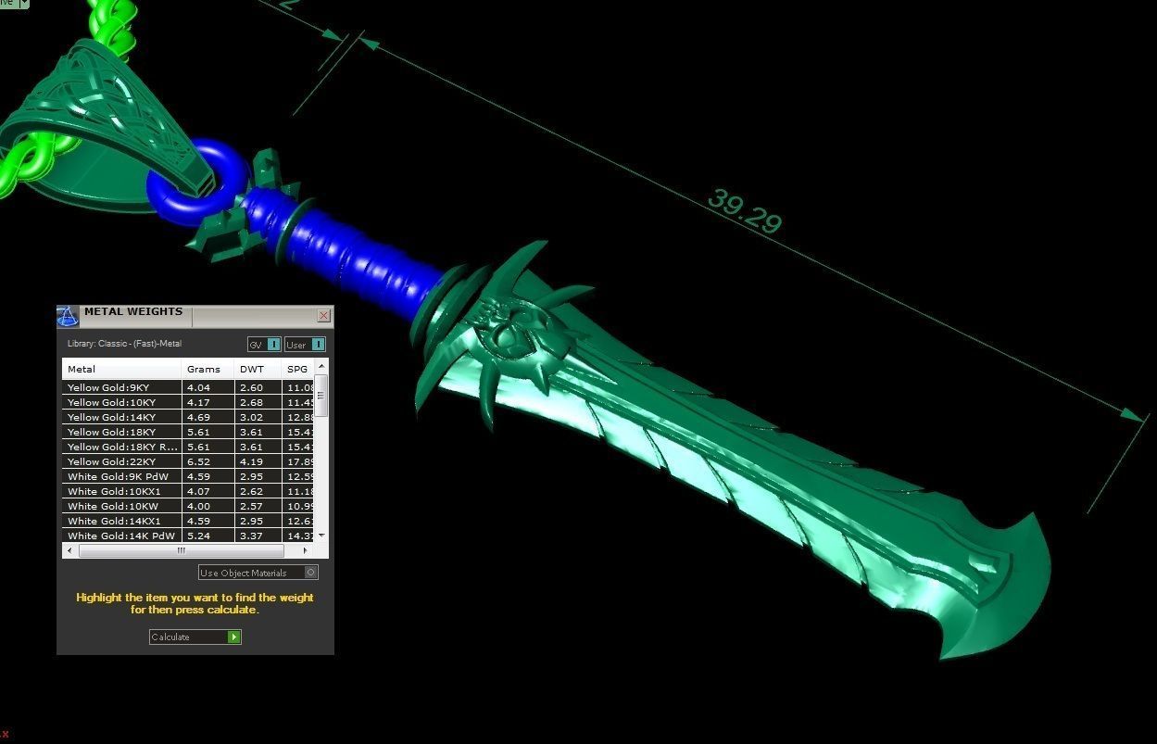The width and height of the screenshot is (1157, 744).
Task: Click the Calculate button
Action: pyautogui.click(x=195, y=637)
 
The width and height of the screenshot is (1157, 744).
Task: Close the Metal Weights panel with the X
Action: pyautogui.click(x=323, y=316)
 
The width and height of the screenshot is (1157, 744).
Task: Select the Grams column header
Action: pyautogui.click(x=204, y=369)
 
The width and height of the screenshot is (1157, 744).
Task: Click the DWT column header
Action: pyautogui.click(x=251, y=369)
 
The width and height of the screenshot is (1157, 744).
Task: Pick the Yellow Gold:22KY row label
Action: pyautogui.click(x=111, y=461)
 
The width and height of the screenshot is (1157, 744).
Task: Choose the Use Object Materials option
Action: pyautogui.click(x=258, y=573)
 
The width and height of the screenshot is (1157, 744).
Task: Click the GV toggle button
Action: pyautogui.click(x=264, y=345)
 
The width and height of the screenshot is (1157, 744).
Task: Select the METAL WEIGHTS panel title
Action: pyautogui.click(x=133, y=312)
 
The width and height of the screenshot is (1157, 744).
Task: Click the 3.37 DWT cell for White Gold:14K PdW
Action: pyautogui.click(x=251, y=536)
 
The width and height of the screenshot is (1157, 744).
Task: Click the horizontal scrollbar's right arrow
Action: pyautogui.click(x=305, y=550)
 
